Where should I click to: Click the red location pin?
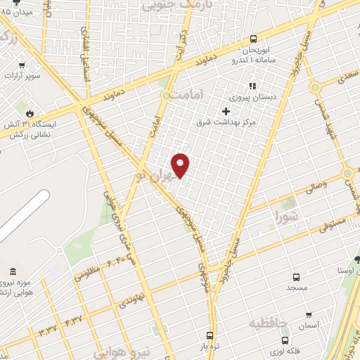pos(181,165)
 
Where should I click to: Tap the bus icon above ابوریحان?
pos(254,39)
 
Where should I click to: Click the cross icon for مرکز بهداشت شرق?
pos(226,111)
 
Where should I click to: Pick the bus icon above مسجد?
pos(295,277)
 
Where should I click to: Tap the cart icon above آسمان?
pos(308,316)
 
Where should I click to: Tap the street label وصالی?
pos(313,187)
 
